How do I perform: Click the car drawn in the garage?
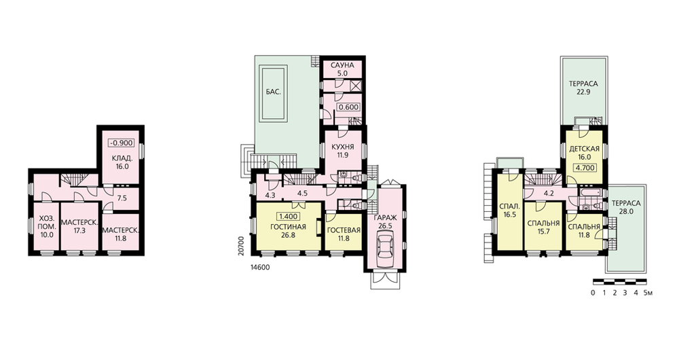point(384,249)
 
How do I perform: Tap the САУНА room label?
point(342,65)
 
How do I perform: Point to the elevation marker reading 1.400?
point(288,217)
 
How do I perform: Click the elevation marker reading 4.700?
point(585,168)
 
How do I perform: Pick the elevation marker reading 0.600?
point(349,107)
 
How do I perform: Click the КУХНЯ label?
point(342,147)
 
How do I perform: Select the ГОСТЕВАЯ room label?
point(344,230)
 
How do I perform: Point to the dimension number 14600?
point(260,268)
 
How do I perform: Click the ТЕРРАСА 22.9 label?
point(583,88)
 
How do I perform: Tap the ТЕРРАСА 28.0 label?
point(626,207)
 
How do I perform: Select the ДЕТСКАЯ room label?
point(584,154)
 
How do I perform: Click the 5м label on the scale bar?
point(648,293)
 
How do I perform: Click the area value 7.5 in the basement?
point(122,198)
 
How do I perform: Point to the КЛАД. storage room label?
point(122,162)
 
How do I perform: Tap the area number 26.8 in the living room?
point(288,235)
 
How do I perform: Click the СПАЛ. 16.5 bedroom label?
point(510,210)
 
